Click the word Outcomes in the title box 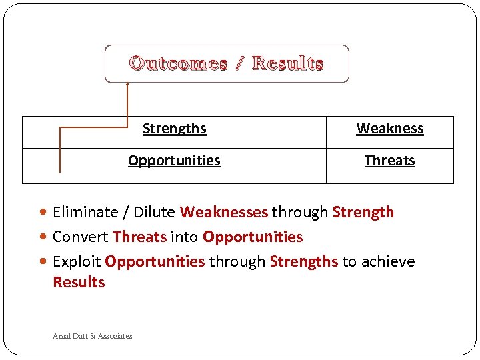[x=178, y=64]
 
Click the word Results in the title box [x=288, y=64]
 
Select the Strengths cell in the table [x=175, y=129]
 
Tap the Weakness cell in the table [x=390, y=129]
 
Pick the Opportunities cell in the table [x=174, y=161]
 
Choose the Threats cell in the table [x=390, y=161]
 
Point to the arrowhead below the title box [x=127, y=85]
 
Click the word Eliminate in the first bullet [x=85, y=213]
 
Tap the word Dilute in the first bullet [x=154, y=213]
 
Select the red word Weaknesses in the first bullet [x=223, y=213]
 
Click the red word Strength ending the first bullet [x=363, y=213]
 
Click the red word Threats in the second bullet [x=140, y=237]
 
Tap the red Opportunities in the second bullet [x=253, y=237]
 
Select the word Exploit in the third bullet [x=77, y=261]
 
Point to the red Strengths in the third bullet [x=304, y=261]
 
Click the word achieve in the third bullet [x=387, y=261]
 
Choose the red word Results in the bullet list [x=79, y=282]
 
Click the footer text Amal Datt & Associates [x=93, y=336]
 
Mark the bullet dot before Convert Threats [x=44, y=237]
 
